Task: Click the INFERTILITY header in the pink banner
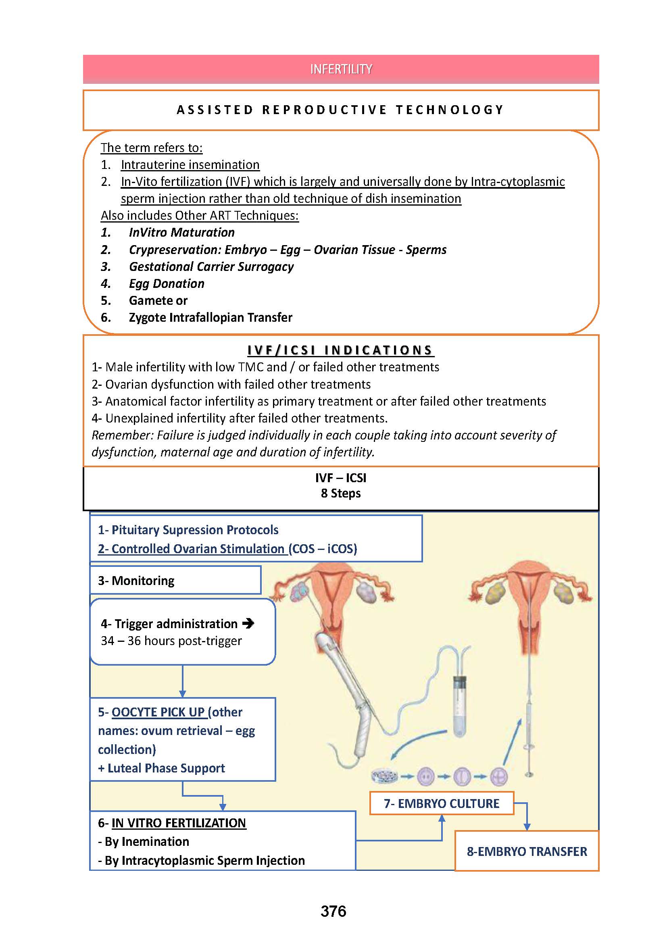341,69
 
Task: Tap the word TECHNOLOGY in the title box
450,110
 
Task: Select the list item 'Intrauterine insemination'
190,165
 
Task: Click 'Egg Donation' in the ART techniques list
166,283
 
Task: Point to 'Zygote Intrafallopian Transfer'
210,317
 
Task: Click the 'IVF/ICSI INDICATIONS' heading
340,350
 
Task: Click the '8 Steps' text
340,493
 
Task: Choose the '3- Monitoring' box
175,580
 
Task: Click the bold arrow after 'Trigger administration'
248,623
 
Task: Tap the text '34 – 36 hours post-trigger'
171,641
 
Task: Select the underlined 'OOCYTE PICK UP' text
158,712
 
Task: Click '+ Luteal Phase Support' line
161,768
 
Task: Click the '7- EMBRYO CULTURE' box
442,804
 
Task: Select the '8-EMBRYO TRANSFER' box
527,851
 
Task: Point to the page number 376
333,912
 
